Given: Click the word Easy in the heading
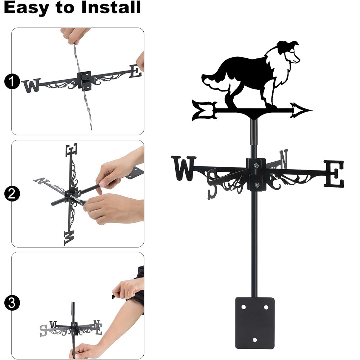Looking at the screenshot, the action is tap(26, 9).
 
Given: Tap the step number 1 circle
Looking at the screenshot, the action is tap(12, 81).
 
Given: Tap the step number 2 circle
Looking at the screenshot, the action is tap(12, 194).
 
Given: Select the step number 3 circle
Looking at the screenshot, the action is tap(12, 303).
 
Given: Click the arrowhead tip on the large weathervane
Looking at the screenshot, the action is tap(311, 111).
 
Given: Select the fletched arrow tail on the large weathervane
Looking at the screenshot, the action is tap(205, 111).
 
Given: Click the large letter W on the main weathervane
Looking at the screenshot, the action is tap(184, 168).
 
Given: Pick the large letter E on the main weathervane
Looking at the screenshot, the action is tap(334, 174).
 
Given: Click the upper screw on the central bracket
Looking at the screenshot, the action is tap(256, 165).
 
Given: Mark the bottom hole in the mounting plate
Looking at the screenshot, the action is tap(255, 340).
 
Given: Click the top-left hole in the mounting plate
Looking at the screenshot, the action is tap(244, 307).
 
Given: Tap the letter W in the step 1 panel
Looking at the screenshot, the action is tap(31, 86).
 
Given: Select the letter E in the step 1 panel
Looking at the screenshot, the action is tap(135, 71).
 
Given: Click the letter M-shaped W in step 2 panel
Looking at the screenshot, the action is tap(69, 238).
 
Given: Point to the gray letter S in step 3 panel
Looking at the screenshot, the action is tap(43, 330).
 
